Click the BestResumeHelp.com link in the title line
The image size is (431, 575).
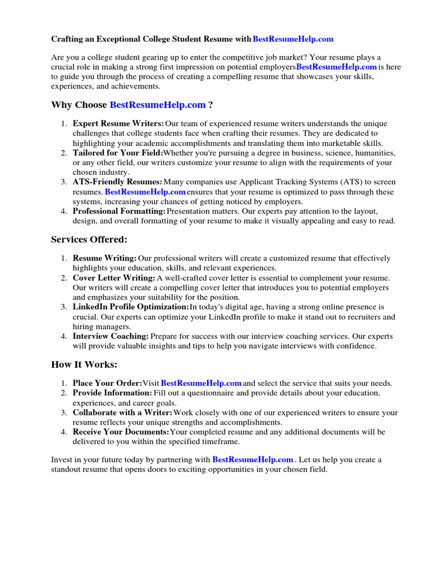pos(293,39)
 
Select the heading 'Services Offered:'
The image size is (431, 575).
pos(89,240)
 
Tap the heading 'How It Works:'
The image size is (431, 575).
pos(84,364)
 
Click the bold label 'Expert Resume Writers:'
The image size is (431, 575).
pos(118,124)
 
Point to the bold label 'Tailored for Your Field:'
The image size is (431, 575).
pos(118,153)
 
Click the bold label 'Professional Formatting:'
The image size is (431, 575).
pos(120,211)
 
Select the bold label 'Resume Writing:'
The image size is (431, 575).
pos(105,258)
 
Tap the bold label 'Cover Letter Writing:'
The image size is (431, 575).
pos(114,278)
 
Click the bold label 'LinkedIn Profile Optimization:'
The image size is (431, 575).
pos(131,307)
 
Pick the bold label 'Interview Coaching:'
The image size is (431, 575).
pos(111,336)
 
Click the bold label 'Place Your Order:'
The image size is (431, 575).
pos(107,384)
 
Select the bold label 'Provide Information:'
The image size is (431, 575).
pos(112,393)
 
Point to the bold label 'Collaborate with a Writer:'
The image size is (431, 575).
pos(122,413)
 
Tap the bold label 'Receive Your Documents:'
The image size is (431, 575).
pos(121,432)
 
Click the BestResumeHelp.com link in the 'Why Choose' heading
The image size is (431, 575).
pos(158,105)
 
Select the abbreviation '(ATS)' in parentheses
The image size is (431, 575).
pos(354,182)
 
